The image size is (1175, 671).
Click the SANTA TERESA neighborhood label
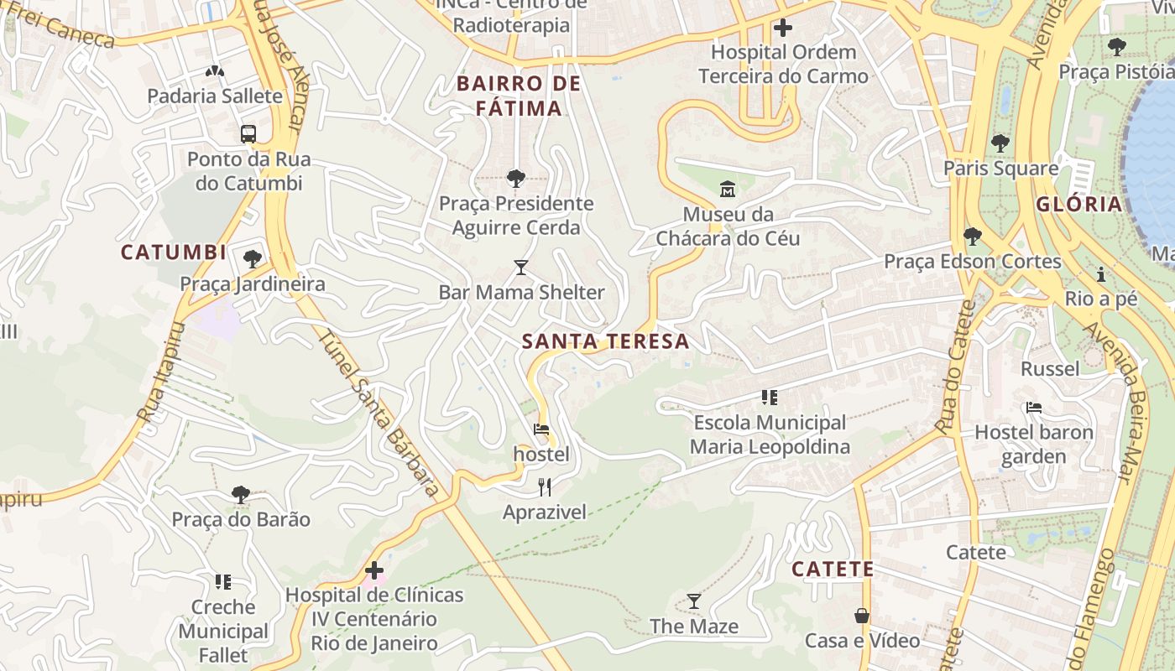[x=605, y=341]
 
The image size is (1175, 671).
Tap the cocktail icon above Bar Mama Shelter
[x=521, y=268]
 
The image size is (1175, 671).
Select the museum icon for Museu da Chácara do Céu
[x=728, y=189]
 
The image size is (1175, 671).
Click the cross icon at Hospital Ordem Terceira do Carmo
[x=783, y=28]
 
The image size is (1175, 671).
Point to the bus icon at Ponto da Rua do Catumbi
[x=248, y=133]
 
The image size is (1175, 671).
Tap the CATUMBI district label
[x=174, y=252]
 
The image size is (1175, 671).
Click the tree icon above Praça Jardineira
[x=252, y=258]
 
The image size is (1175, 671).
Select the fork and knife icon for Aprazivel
[x=545, y=486]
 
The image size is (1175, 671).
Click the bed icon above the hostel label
[x=541, y=429]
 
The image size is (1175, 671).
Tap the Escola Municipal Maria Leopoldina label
[x=770, y=434]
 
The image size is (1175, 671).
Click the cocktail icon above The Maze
[x=694, y=601]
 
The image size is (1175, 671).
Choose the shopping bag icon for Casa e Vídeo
[x=862, y=616]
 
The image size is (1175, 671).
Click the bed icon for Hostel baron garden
[x=1034, y=408]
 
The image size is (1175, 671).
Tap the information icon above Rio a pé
[x=1100, y=274]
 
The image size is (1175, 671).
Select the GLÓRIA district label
[x=1078, y=204]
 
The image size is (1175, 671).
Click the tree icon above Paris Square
[x=1000, y=143]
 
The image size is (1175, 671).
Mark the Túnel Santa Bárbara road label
[x=380, y=413]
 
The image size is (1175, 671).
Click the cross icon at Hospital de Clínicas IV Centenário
[x=374, y=571]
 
